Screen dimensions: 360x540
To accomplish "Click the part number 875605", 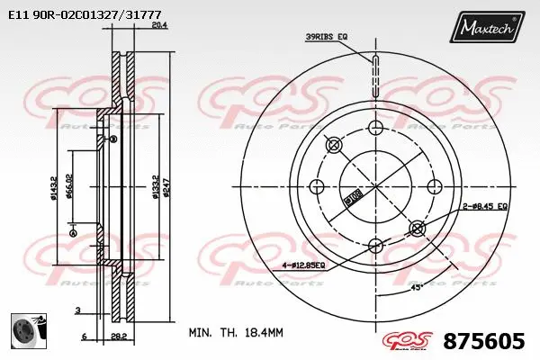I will point(484,341).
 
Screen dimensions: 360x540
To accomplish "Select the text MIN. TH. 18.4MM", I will point(236,332).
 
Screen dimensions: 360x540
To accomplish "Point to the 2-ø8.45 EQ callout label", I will point(485,206).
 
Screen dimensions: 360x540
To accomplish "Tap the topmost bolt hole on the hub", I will point(333,145).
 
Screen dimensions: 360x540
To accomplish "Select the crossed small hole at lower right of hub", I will point(417,228).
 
